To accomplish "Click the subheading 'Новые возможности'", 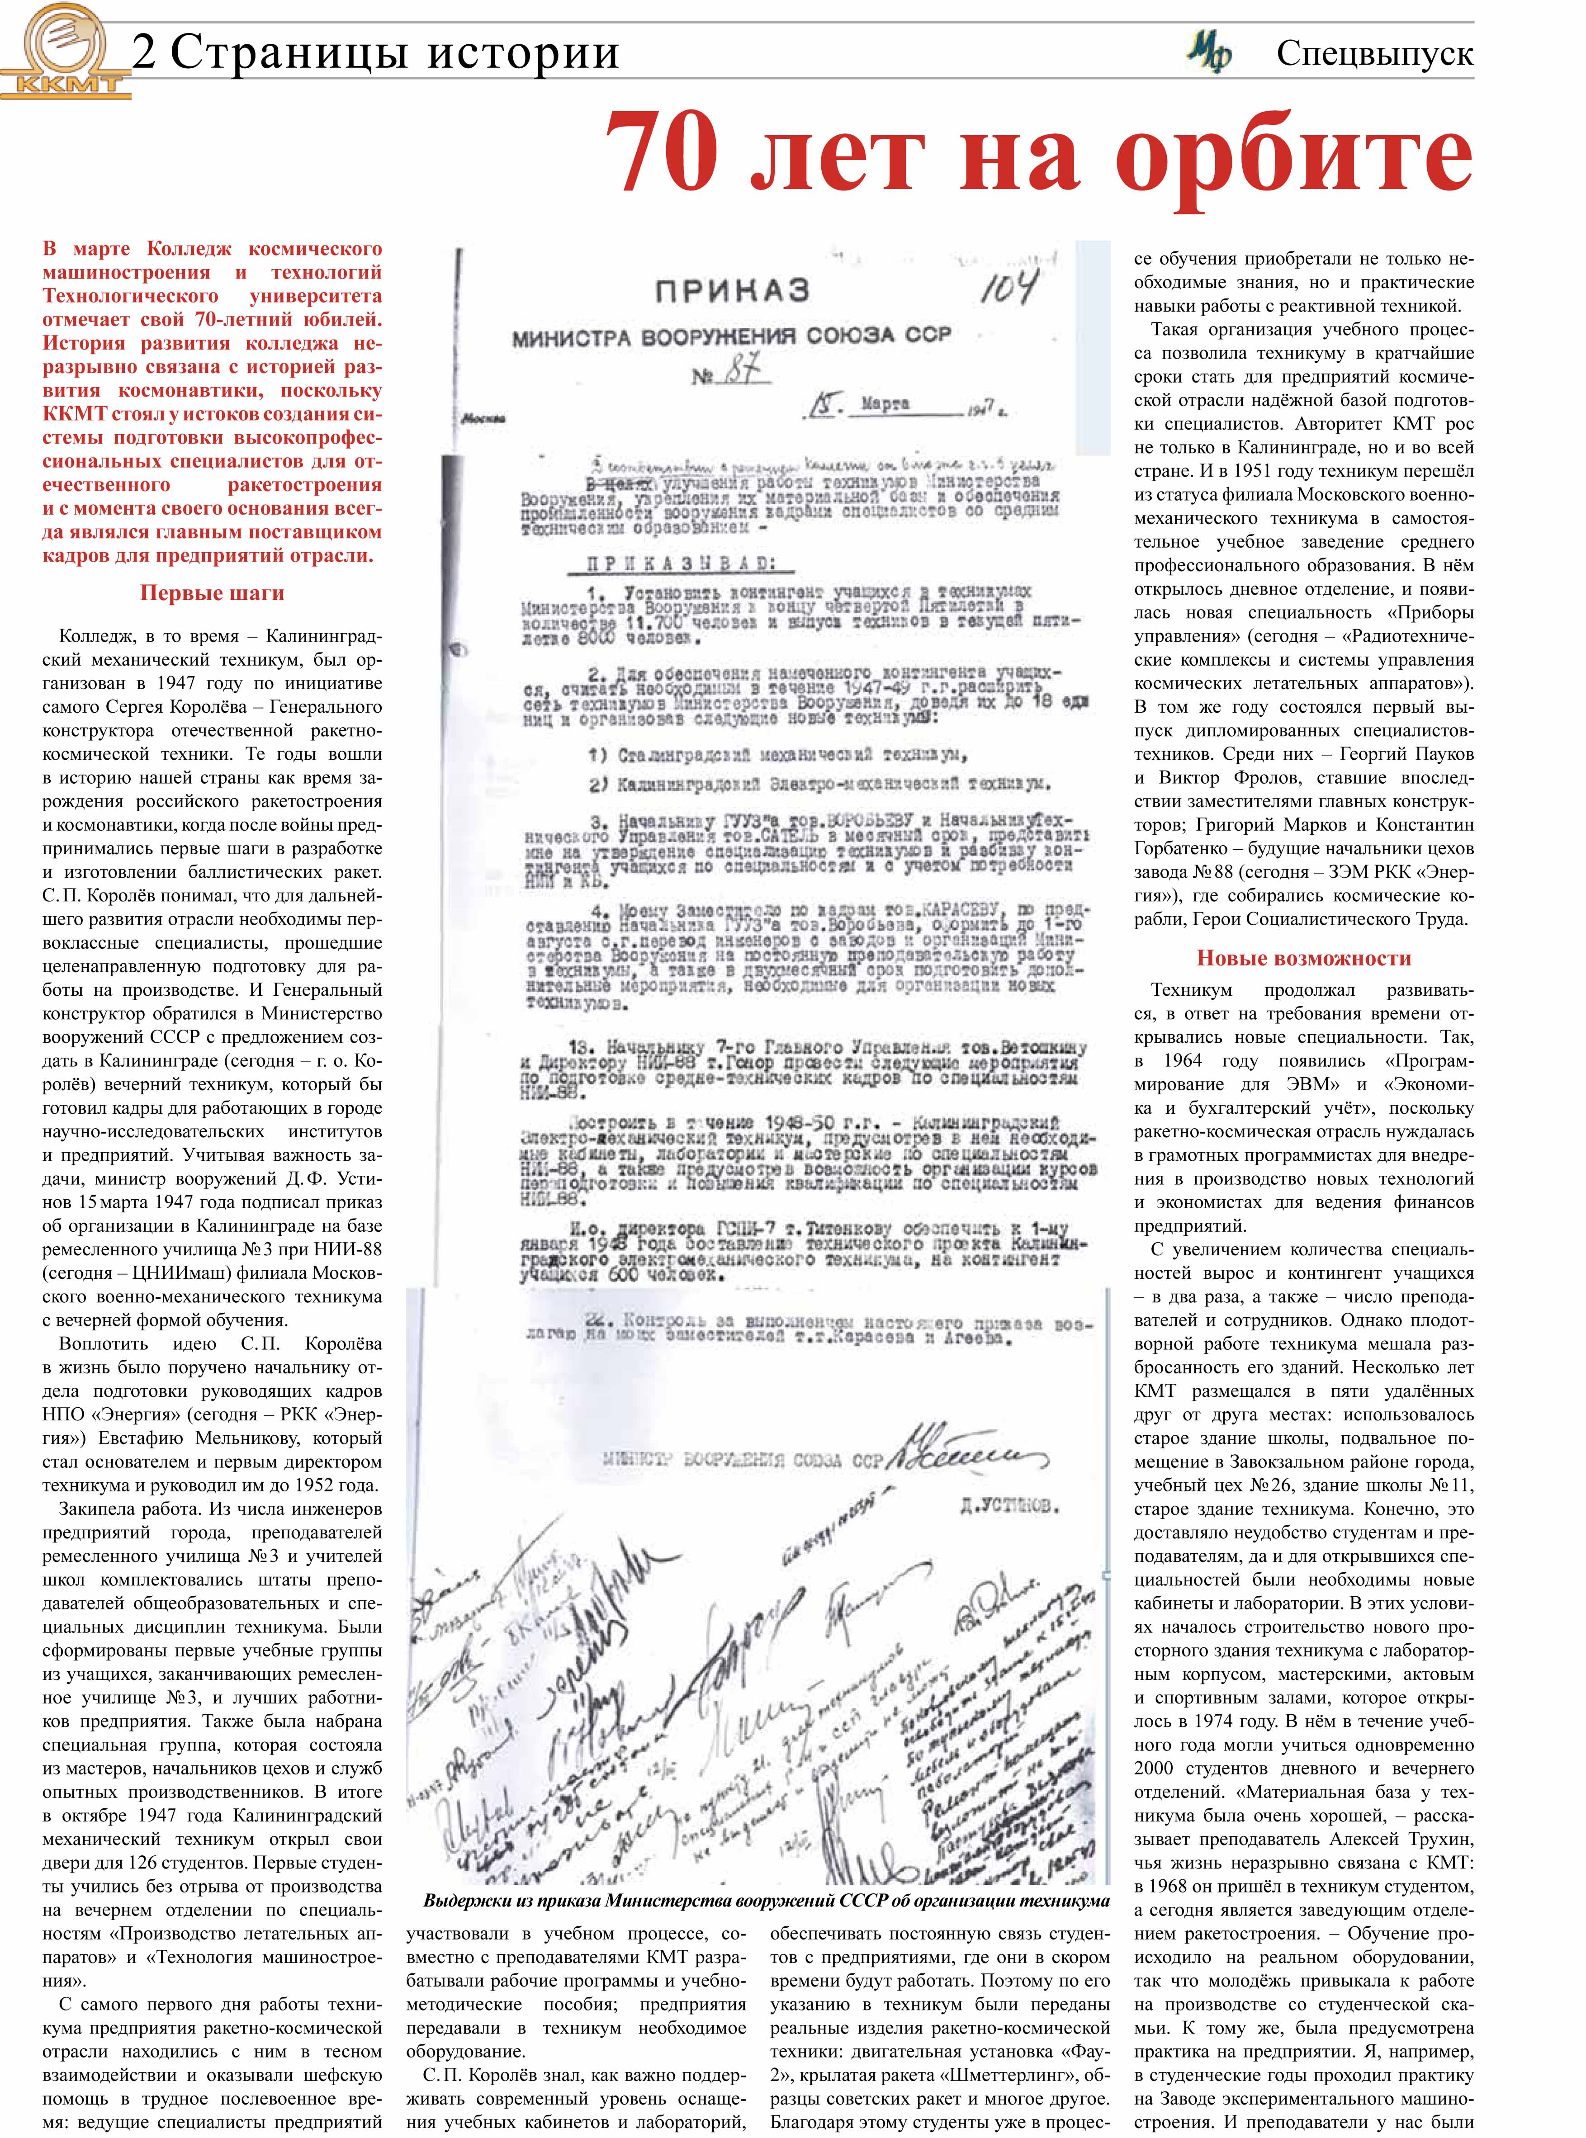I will click(1303, 958).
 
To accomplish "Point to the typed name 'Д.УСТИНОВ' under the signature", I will click(1010, 1506).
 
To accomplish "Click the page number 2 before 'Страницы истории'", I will click(144, 53).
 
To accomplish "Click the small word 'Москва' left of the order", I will click(483, 419).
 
